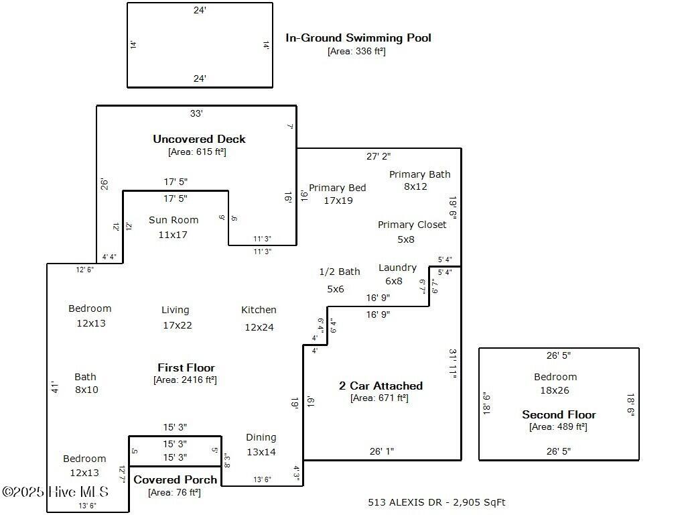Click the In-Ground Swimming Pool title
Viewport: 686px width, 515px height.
[x=358, y=38]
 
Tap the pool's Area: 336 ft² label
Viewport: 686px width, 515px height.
[x=356, y=51]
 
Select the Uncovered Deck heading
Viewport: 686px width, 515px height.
[x=199, y=139]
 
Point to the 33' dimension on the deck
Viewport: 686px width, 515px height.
[x=196, y=114]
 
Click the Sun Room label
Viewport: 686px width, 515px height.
[x=174, y=220]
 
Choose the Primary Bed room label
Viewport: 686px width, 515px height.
[x=338, y=188]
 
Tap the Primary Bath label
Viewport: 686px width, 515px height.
[x=420, y=174]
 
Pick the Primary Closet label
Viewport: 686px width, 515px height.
[x=412, y=225]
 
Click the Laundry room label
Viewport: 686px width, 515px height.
[x=397, y=268]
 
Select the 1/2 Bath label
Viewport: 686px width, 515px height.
[x=340, y=272]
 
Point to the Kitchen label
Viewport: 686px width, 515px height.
[x=259, y=310]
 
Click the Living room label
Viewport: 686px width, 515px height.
[x=176, y=310]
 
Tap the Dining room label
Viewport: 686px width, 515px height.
[x=261, y=437]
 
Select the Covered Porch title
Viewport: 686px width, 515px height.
[x=176, y=479]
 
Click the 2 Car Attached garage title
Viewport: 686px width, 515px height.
[x=381, y=386]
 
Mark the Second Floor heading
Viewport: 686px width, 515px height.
[x=559, y=414]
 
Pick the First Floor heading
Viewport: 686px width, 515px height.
[x=186, y=367]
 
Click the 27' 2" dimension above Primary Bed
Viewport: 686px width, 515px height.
[x=379, y=156]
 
